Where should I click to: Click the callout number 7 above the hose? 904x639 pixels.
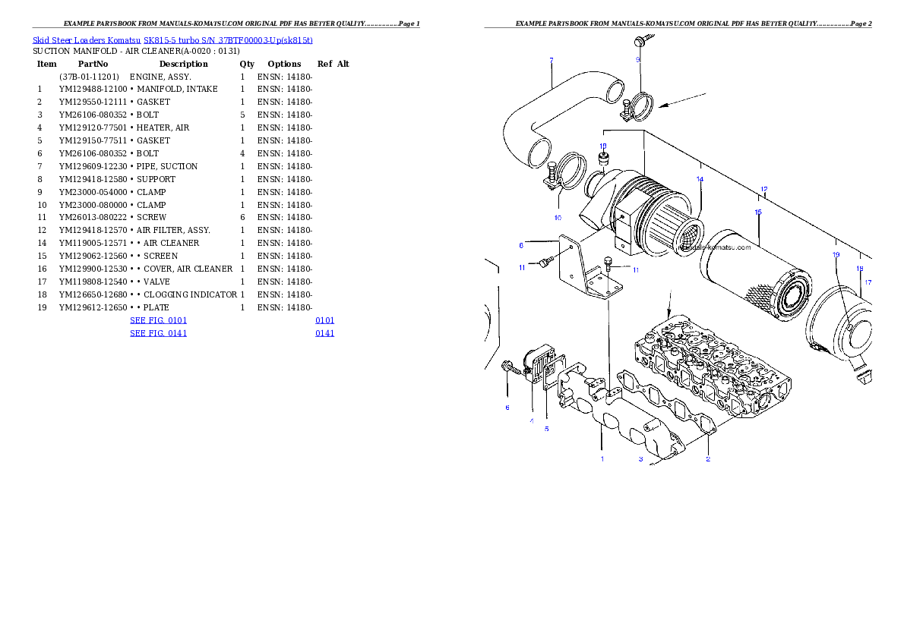(551, 59)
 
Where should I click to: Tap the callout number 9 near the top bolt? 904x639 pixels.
(638, 59)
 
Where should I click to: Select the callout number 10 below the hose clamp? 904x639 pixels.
(558, 218)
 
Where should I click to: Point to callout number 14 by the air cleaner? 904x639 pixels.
(700, 180)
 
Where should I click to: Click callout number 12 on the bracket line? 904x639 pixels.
(763, 189)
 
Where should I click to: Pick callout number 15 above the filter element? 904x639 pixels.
(757, 212)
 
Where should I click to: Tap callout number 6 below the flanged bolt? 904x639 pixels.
(507, 408)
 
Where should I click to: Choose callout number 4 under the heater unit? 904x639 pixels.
(532, 420)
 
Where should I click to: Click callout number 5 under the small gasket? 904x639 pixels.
(546, 429)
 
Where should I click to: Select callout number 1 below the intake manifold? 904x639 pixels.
(602, 458)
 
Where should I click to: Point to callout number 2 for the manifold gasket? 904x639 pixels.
(708, 458)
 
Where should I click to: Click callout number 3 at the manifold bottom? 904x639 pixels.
(640, 458)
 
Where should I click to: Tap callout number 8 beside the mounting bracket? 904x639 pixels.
(521, 245)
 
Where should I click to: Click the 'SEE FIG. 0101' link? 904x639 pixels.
(158, 321)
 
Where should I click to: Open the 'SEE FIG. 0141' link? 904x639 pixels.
(158, 333)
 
